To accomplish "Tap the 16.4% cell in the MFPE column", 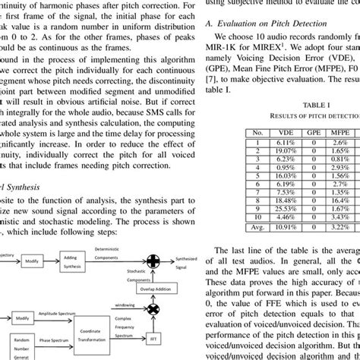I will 321,164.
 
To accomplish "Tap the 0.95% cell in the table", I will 321,175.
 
